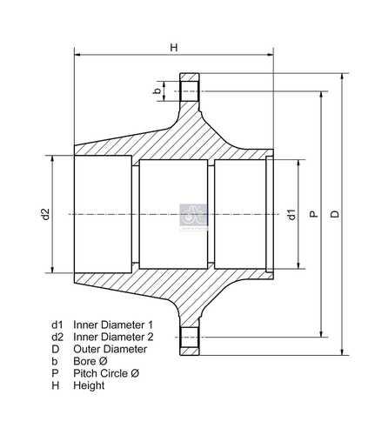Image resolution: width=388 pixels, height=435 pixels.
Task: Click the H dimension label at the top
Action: click(x=174, y=47)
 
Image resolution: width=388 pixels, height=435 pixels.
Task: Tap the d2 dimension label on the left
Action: click(x=46, y=214)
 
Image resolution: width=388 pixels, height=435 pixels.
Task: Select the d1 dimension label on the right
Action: click(x=291, y=214)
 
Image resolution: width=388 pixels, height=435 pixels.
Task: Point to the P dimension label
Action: click(x=313, y=214)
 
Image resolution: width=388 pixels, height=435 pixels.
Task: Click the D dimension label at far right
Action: click(x=335, y=214)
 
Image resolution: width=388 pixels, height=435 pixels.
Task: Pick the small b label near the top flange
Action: click(x=157, y=91)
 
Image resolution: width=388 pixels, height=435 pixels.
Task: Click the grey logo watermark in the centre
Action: click(x=193, y=215)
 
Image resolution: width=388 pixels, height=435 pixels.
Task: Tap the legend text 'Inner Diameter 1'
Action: click(x=113, y=325)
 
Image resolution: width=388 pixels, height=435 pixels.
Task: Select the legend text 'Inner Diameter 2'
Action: click(x=113, y=337)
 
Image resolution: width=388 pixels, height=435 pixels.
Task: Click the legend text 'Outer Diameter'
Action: click(x=110, y=349)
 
